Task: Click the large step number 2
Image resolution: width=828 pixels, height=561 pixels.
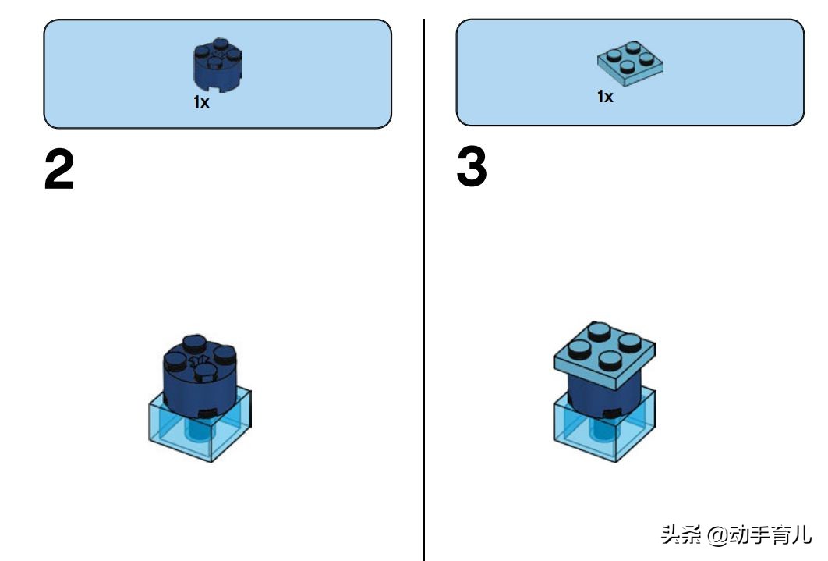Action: [59, 169]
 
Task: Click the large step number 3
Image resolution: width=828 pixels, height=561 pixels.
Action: [471, 166]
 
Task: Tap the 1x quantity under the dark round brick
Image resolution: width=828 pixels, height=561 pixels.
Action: [201, 101]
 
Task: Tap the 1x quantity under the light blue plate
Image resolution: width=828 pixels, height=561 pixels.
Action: [605, 96]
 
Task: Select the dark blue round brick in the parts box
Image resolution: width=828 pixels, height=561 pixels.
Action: [218, 65]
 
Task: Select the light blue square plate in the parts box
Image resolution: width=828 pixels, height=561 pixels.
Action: [630, 63]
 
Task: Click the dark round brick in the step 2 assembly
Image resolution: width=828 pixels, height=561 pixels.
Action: [200, 376]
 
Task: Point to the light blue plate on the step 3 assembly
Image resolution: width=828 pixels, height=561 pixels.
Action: [605, 355]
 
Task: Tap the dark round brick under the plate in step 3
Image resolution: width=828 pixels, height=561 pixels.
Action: [605, 396]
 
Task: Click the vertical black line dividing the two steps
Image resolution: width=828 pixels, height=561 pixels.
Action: [423, 290]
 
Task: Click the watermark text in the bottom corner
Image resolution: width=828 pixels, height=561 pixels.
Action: [735, 534]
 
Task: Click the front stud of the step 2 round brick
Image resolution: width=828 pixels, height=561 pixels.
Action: [205, 372]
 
